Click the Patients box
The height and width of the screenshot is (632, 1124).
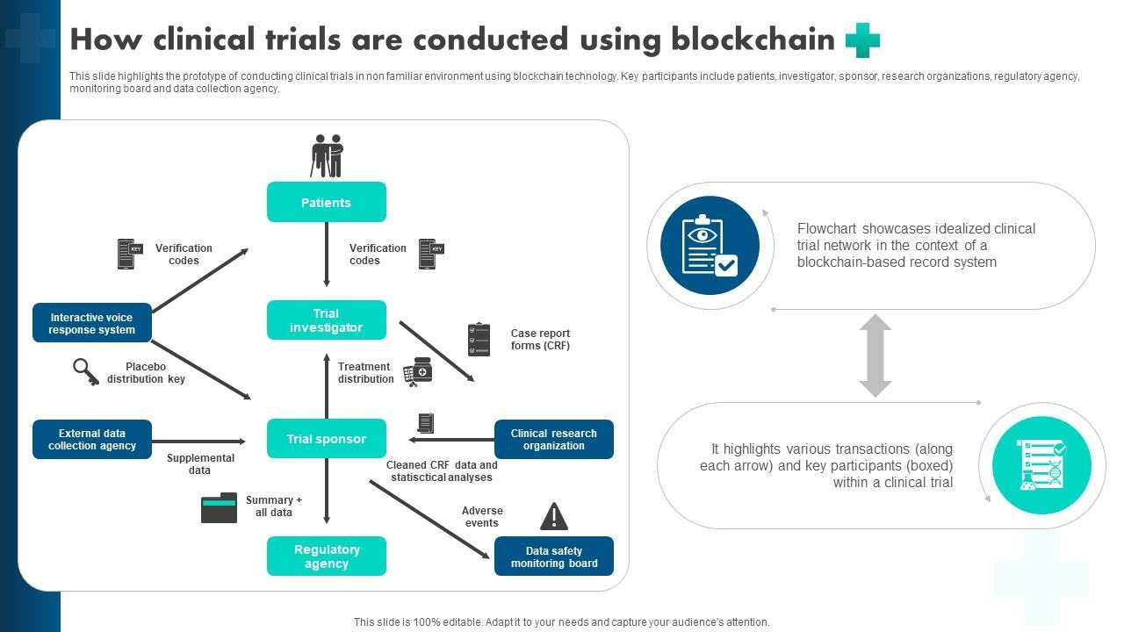tap(326, 202)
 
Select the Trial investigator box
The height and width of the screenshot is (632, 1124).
tap(326, 320)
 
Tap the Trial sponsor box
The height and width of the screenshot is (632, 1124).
tap(326, 439)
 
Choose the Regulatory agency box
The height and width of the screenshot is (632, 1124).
tap(326, 557)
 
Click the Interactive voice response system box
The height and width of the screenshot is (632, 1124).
tap(92, 323)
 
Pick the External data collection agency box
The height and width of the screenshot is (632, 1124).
tap(92, 439)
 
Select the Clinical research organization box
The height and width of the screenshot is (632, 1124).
tap(553, 439)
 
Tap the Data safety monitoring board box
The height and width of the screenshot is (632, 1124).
tap(553, 557)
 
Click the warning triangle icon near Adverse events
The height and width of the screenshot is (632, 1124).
tap(553, 516)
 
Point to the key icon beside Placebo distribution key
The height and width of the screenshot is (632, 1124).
tap(85, 371)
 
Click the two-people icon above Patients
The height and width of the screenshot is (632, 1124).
tap(328, 155)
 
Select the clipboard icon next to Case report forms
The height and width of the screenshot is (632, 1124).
tap(479, 339)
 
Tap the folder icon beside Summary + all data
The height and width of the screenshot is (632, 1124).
tap(219, 507)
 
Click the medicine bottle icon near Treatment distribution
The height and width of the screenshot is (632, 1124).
tap(418, 371)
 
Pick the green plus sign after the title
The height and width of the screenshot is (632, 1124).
tap(862, 40)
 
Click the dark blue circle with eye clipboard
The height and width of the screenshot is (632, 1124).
tap(710, 245)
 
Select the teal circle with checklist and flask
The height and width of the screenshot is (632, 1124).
tap(1041, 465)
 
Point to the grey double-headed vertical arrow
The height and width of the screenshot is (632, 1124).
tap(875, 355)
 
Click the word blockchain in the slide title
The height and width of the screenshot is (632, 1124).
tap(753, 39)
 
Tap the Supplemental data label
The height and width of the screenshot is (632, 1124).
tap(200, 463)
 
